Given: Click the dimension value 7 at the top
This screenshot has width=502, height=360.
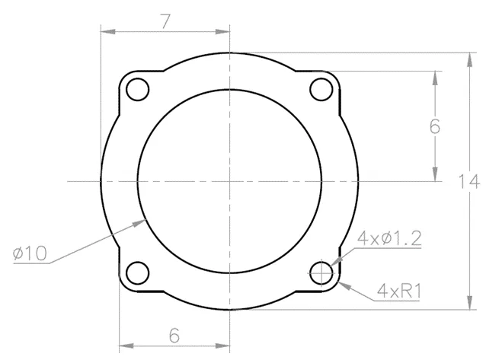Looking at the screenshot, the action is click(x=165, y=22).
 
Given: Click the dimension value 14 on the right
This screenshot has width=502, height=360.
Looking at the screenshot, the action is click(x=469, y=181).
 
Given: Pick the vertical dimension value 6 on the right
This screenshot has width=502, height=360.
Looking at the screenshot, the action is click(x=435, y=126).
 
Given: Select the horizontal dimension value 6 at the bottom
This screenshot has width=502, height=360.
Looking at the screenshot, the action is click(x=174, y=336).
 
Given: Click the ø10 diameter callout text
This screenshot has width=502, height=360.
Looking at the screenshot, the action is click(x=30, y=253).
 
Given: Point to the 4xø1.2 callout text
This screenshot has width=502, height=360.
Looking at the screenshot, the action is click(x=389, y=238).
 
